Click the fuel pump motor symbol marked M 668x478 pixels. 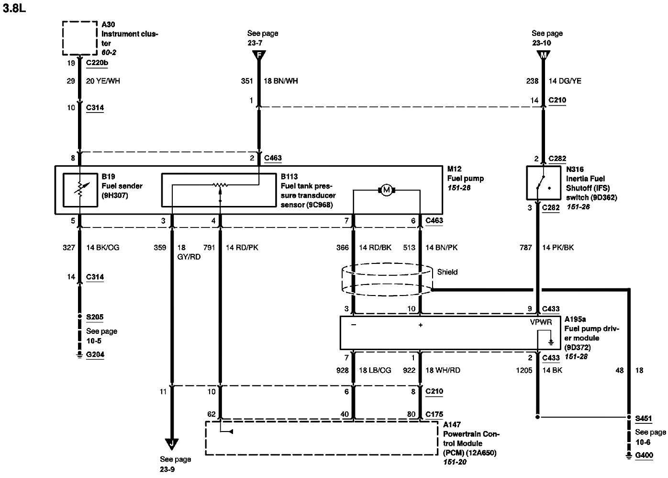(387, 190)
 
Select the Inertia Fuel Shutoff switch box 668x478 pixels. (543, 182)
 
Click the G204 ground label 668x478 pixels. (95, 354)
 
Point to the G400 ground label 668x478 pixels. (644, 455)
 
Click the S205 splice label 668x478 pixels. (95, 317)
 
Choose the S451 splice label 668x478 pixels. (643, 418)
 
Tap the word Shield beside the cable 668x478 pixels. (447, 272)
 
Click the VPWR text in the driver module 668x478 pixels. (541, 322)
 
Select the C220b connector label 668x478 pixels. (97, 63)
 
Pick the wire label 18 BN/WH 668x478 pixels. (280, 81)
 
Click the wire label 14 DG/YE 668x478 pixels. (565, 81)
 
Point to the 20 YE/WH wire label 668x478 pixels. (103, 81)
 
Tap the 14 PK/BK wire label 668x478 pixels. (557, 248)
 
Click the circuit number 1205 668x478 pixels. (524, 371)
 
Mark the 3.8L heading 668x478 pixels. (14, 8)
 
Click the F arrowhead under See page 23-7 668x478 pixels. (259, 55)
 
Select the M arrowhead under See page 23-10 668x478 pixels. (543, 55)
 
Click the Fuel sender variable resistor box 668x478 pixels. (80, 190)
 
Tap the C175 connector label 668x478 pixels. (434, 414)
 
